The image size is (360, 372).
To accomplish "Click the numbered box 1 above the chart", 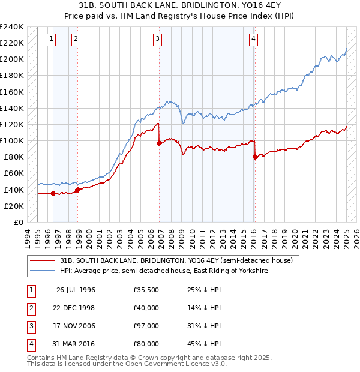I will [x=52, y=40].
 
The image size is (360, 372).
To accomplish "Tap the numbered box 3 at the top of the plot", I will [x=157, y=40].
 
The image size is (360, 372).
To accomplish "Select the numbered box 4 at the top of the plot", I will [x=254, y=40].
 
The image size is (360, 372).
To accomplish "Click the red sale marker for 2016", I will [x=255, y=157].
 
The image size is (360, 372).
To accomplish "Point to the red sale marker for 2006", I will [x=159, y=143].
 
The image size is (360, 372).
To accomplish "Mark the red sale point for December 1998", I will [x=77, y=190].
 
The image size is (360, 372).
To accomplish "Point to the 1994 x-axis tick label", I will [x=27, y=238].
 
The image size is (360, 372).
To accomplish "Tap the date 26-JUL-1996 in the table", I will [x=76, y=290].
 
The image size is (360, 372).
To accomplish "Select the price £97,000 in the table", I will [x=146, y=327].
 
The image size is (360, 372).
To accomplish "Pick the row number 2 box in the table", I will [x=31, y=308].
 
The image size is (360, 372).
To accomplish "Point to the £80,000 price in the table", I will [x=146, y=345].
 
